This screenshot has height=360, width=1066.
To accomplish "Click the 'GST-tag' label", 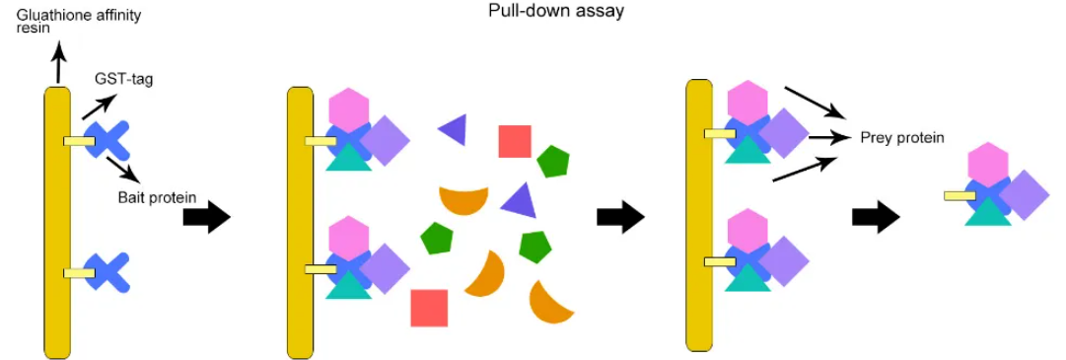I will click(x=122, y=78).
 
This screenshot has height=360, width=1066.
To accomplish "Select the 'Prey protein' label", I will click(x=901, y=137).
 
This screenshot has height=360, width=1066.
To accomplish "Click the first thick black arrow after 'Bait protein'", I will click(x=206, y=215).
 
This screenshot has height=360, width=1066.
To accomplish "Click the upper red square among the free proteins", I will click(x=515, y=141).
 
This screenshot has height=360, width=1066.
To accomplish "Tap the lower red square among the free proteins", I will click(x=429, y=308).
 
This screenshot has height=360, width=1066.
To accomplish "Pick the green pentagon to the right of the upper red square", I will click(x=552, y=162).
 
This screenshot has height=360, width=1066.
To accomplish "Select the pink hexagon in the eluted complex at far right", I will click(x=988, y=163).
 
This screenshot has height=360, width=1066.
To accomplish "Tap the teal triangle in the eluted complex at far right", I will click(x=988, y=210).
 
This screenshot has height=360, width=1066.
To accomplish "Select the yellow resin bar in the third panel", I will click(x=699, y=215).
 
